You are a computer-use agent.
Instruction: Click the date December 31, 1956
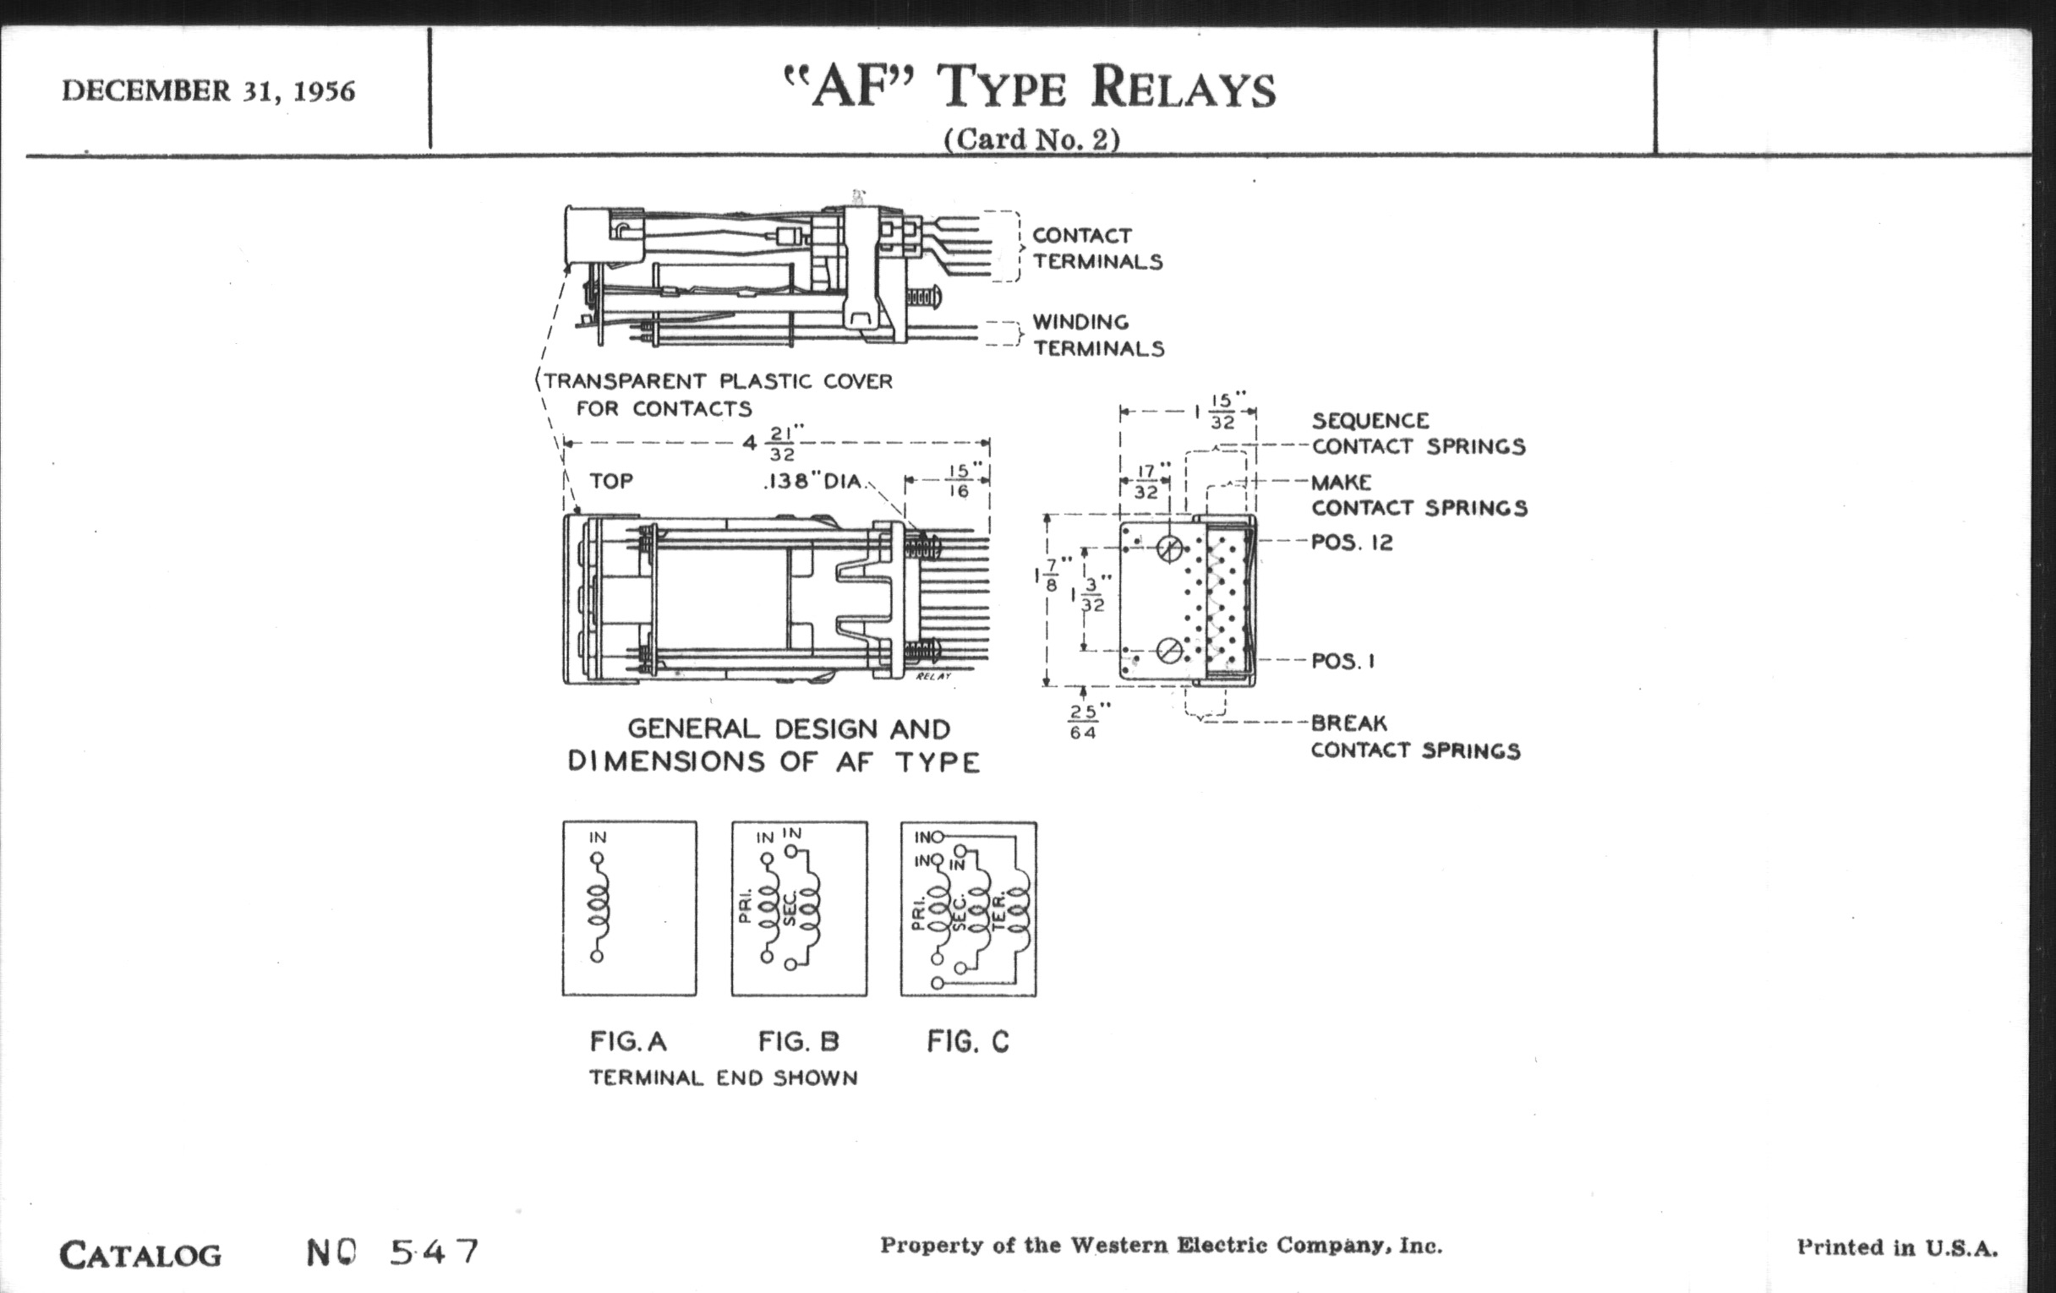pyautogui.click(x=207, y=90)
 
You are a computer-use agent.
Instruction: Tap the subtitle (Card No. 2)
pyautogui.click(x=1031, y=139)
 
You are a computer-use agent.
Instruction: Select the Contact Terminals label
pyautogui.click(x=1097, y=248)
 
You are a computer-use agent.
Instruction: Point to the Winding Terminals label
pyautogui.click(x=1098, y=336)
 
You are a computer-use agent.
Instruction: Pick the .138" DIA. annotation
pyautogui.click(x=813, y=482)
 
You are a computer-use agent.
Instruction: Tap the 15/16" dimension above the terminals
pyautogui.click(x=958, y=481)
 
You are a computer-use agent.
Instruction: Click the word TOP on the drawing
pyautogui.click(x=611, y=482)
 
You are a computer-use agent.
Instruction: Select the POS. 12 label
pyautogui.click(x=1352, y=542)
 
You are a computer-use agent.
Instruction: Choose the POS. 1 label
pyautogui.click(x=1343, y=662)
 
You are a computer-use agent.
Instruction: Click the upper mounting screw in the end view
pyautogui.click(x=1170, y=548)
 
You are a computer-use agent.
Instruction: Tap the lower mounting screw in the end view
pyautogui.click(x=1170, y=652)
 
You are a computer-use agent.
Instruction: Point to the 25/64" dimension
pyautogui.click(x=1084, y=721)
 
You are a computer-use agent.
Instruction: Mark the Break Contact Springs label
pyautogui.click(x=1416, y=737)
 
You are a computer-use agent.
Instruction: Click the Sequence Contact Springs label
pyautogui.click(x=1418, y=434)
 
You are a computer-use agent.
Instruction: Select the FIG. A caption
pyautogui.click(x=627, y=1041)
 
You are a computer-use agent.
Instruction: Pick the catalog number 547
pyautogui.click(x=435, y=1252)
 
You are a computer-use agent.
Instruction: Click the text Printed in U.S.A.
pyautogui.click(x=1897, y=1247)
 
